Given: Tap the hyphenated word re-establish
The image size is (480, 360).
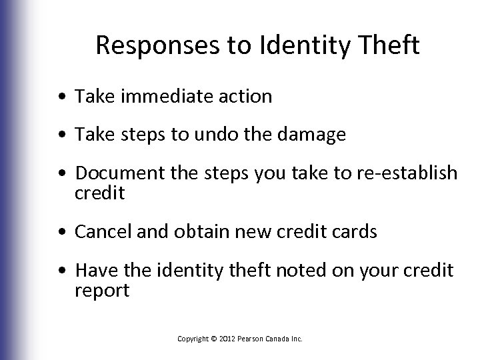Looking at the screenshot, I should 407,174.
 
